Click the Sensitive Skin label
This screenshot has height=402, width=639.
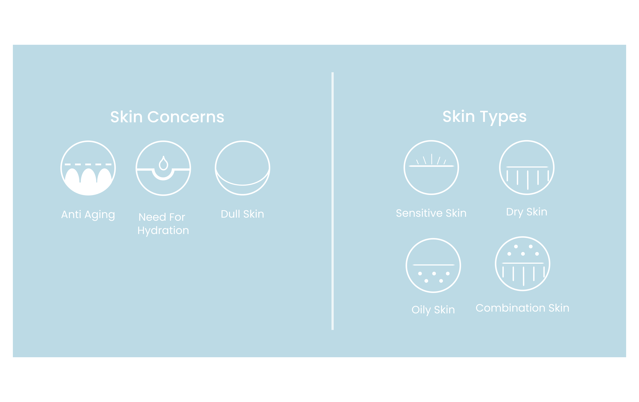(431, 213)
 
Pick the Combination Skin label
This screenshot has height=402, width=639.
(523, 308)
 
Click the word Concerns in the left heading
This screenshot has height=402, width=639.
(186, 117)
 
